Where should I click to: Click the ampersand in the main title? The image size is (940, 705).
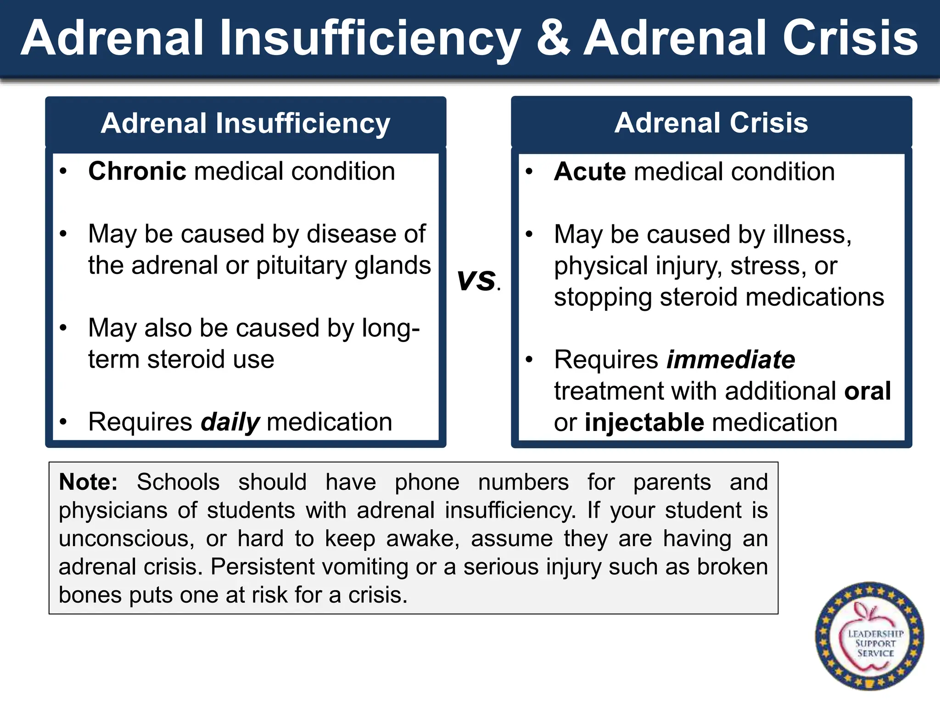click(553, 39)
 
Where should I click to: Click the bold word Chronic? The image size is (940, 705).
click(137, 172)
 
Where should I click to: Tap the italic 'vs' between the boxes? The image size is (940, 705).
click(476, 280)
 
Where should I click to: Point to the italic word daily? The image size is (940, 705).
click(230, 422)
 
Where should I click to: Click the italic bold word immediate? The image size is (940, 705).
click(731, 359)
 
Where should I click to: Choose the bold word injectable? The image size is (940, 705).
click(644, 422)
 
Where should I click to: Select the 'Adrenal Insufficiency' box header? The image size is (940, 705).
click(246, 123)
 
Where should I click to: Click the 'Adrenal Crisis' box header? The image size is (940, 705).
click(711, 123)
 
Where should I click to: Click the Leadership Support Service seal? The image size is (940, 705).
click(869, 637)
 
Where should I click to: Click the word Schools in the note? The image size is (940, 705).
click(178, 482)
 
